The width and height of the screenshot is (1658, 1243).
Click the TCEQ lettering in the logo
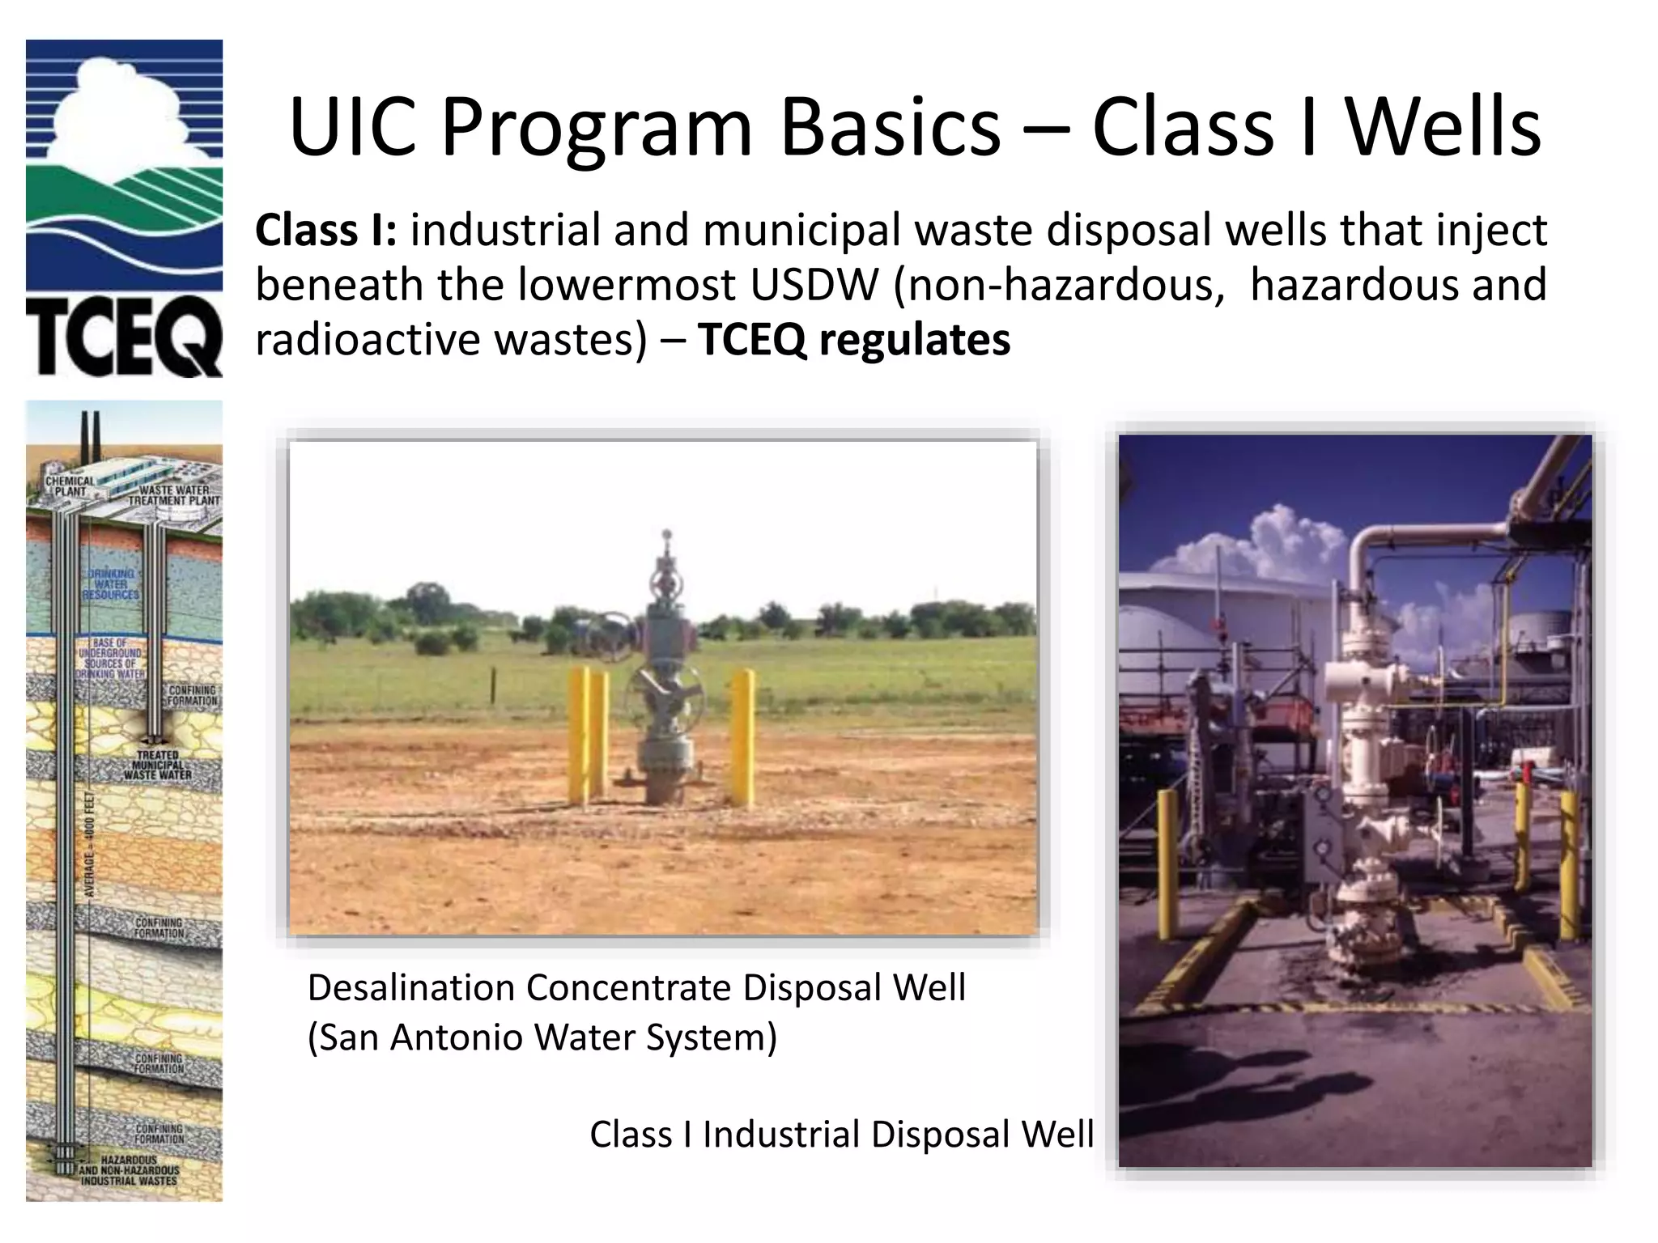[123, 340]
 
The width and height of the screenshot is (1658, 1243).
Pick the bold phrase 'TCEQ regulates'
[854, 339]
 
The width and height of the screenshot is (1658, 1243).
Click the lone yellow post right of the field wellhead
[742, 736]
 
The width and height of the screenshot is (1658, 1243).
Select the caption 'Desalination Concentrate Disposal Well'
[636, 988]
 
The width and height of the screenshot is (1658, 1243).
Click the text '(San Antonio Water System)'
[542, 1037]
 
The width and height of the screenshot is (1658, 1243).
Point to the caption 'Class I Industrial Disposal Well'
[841, 1135]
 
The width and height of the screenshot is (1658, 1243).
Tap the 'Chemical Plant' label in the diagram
[70, 486]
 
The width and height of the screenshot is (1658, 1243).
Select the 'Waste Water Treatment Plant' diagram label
[174, 495]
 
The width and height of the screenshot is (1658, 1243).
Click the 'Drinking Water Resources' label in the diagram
[111, 584]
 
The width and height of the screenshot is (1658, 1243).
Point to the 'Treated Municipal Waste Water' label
[158, 765]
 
